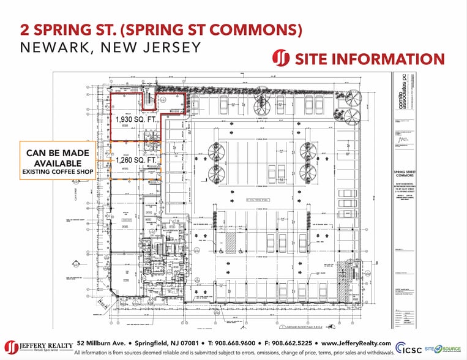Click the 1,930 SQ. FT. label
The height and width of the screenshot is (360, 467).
click(x=135, y=120)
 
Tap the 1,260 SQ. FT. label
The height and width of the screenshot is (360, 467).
click(x=135, y=160)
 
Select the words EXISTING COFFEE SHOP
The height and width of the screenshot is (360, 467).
click(x=58, y=173)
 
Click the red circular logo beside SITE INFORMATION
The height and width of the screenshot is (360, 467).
click(x=281, y=59)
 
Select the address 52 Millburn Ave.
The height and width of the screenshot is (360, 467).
click(x=101, y=343)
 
